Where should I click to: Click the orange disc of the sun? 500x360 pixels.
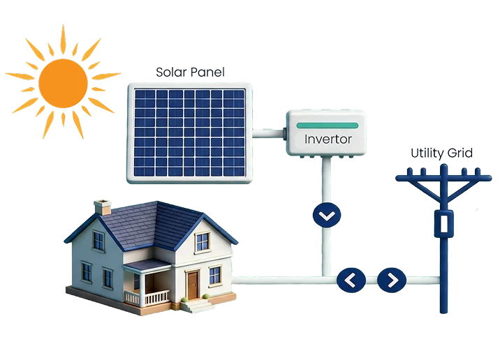[63, 83]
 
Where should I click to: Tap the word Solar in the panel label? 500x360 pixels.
[171, 72]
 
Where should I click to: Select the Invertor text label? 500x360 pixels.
[328, 140]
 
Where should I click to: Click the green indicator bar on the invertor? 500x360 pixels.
[328, 126]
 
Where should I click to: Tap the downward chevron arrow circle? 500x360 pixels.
[327, 215]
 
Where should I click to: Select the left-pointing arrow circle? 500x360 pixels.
[351, 280]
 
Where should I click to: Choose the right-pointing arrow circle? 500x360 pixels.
[392, 280]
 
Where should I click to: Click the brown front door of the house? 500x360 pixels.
[193, 285]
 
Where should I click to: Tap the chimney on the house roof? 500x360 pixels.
[103, 207]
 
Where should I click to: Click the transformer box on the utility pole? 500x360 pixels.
[444, 224]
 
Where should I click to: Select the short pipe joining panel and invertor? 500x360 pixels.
[268, 133]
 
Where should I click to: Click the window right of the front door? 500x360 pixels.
[215, 276]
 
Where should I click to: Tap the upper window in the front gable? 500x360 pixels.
[203, 241]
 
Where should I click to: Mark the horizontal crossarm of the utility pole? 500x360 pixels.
[443, 178]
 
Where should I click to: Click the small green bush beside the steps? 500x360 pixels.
[206, 297]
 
